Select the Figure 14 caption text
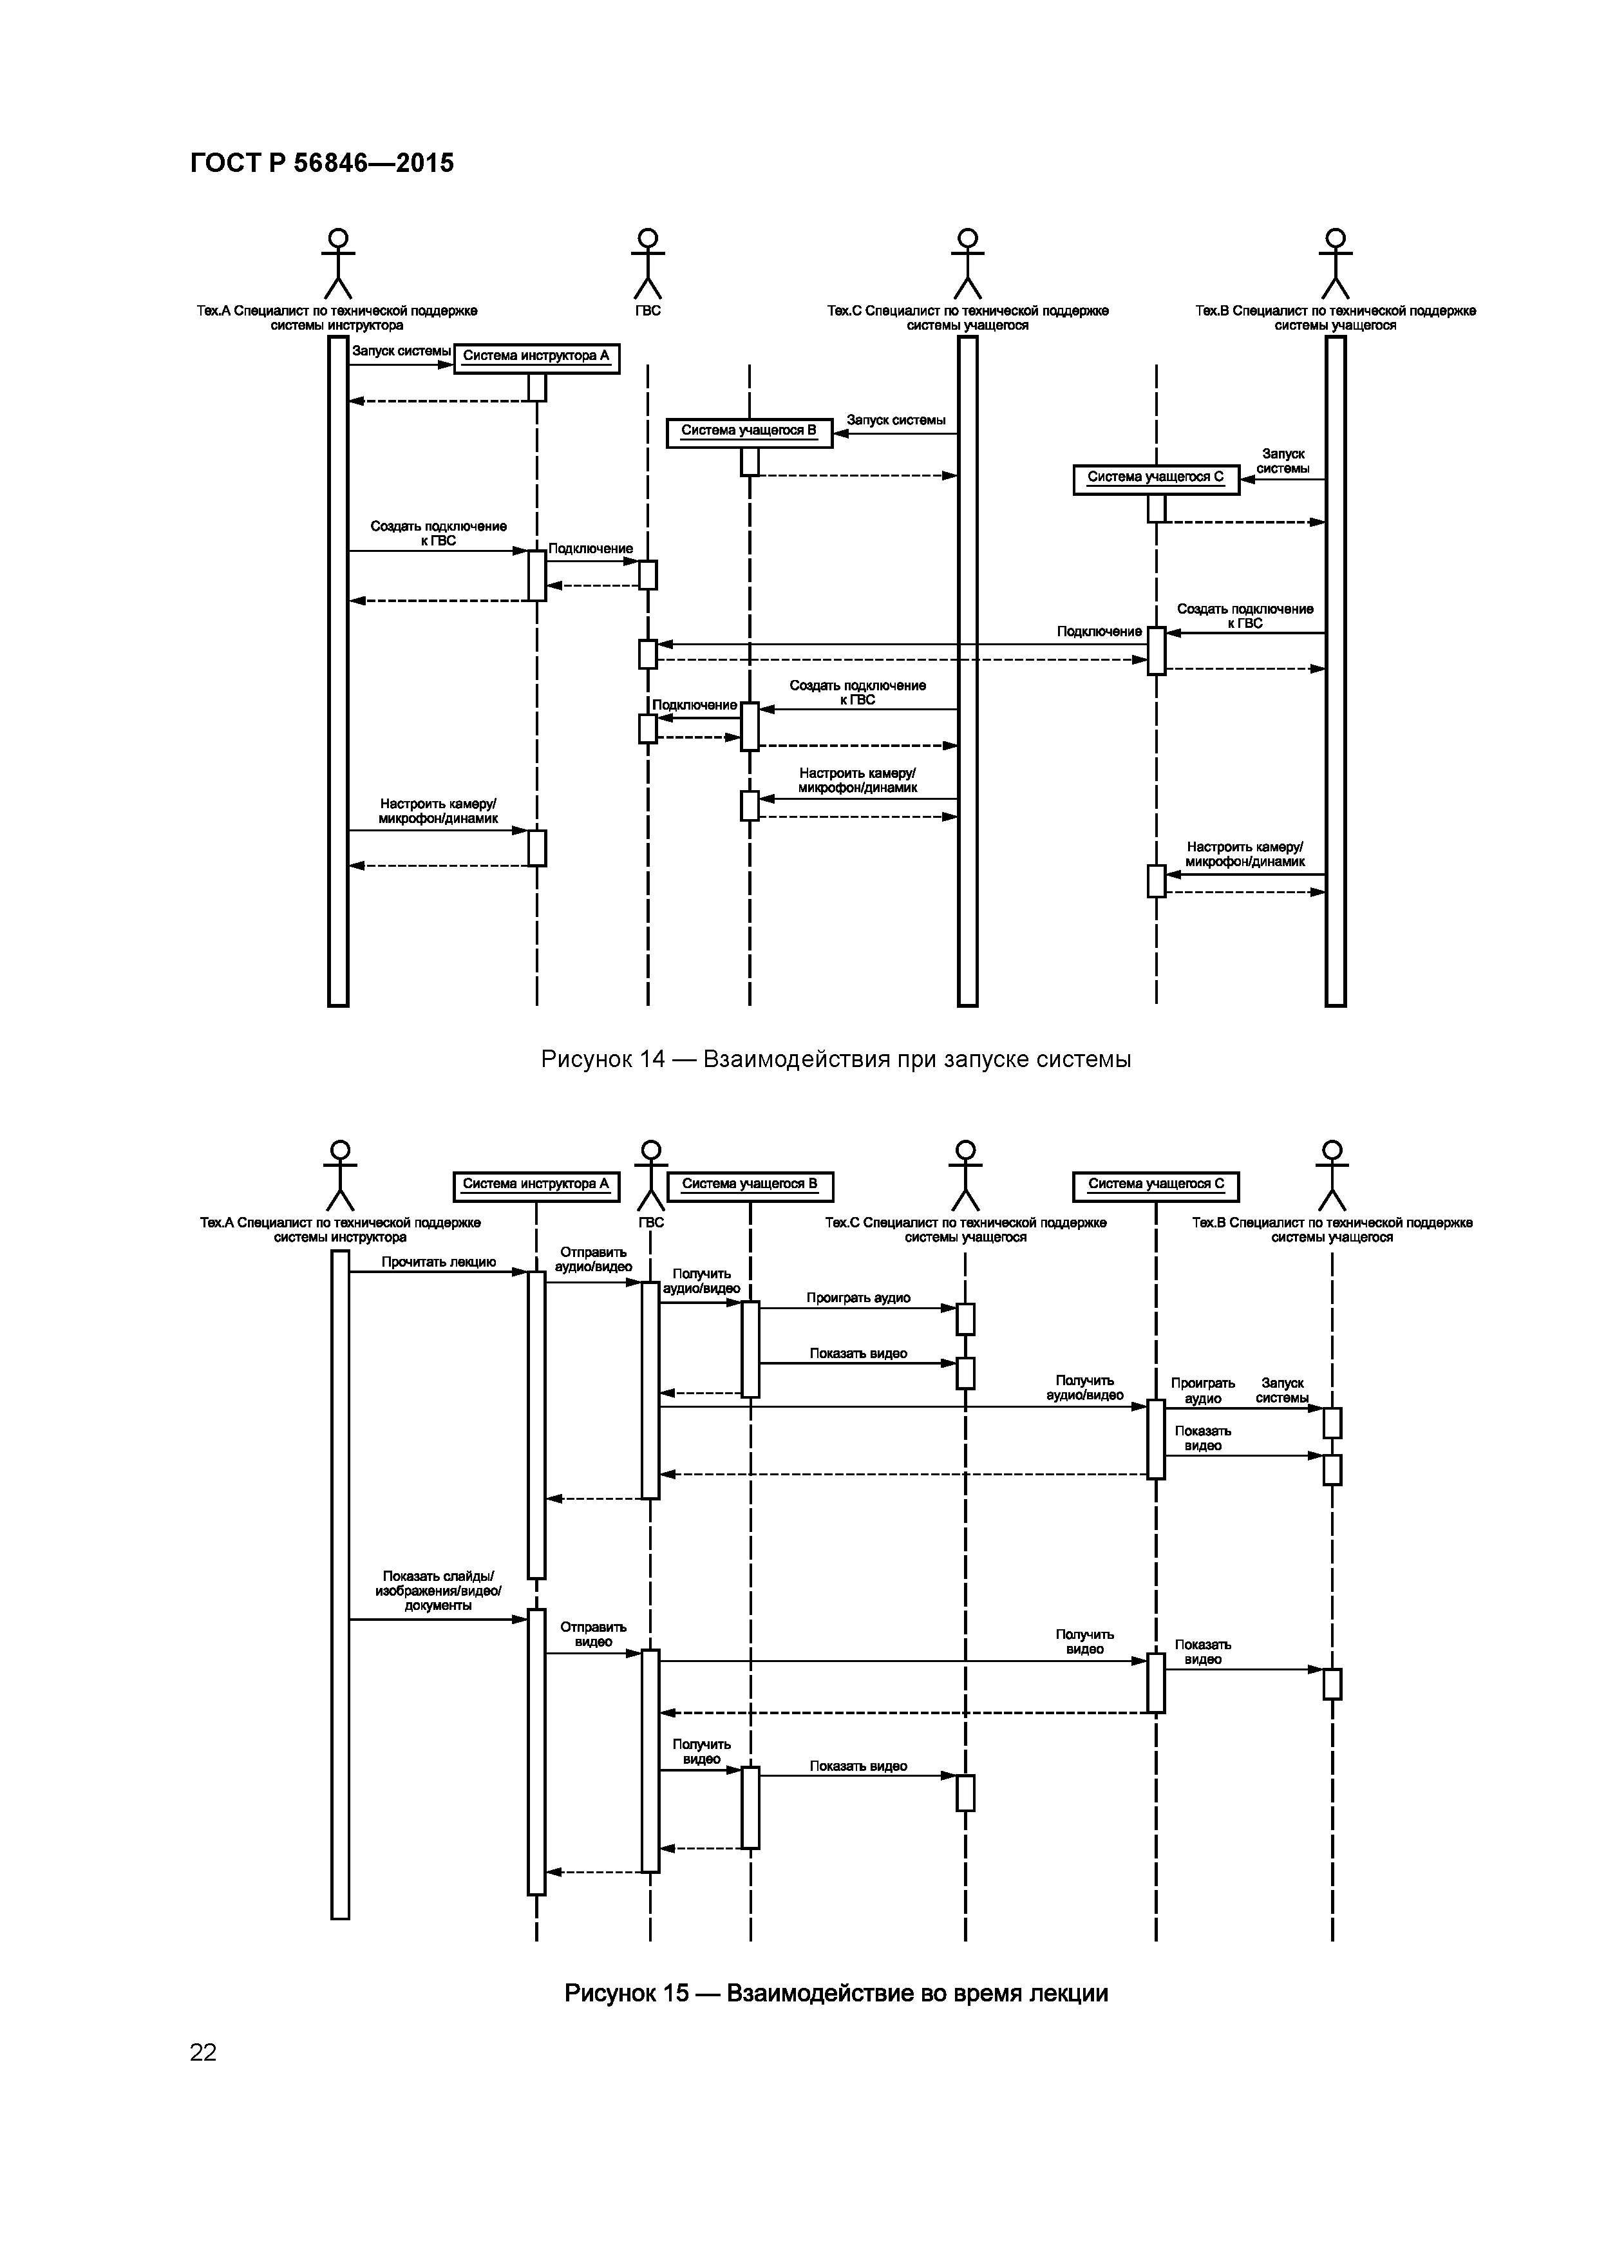(x=835, y=1059)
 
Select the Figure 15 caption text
(x=835, y=1992)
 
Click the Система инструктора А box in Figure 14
(x=536, y=356)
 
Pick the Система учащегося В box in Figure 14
(x=749, y=431)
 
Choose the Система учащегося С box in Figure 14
(x=1155, y=478)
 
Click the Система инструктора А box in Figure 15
(x=536, y=1185)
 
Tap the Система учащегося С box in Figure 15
(x=1155, y=1185)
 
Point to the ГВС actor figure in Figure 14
(x=647, y=263)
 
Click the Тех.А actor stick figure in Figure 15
(x=339, y=1176)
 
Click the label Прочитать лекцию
(x=439, y=1262)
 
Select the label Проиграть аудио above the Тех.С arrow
(x=858, y=1298)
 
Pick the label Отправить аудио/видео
(x=593, y=1260)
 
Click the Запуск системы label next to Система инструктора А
(x=401, y=351)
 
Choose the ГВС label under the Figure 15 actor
(x=650, y=1222)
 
